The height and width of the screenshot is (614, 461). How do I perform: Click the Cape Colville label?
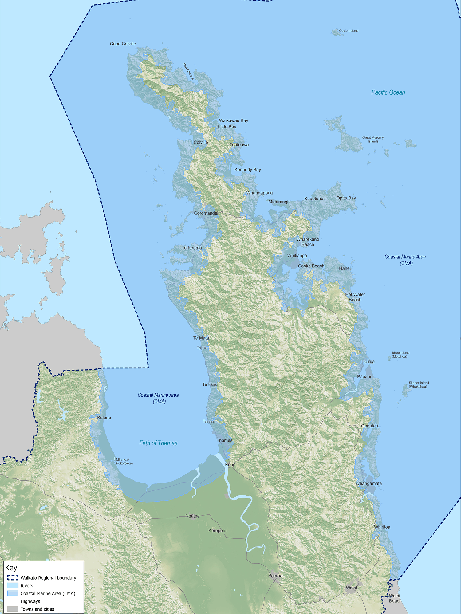[x=123, y=44]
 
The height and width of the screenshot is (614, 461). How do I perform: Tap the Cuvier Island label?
[x=349, y=31]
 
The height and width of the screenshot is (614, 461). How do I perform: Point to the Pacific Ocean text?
[x=388, y=92]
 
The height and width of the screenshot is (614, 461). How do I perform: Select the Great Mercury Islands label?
[x=373, y=140]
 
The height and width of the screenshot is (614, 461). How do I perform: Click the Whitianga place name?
[x=297, y=256]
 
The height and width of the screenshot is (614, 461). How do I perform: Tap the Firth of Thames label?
[x=158, y=443]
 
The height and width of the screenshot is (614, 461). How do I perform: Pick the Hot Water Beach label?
[x=355, y=297]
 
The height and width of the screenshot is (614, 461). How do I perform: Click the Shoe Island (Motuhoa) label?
[x=400, y=355]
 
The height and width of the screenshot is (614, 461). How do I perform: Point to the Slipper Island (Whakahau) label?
[x=419, y=385]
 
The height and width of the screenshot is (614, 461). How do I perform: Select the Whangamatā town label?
[x=368, y=484]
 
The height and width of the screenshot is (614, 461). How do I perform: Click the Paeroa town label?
[x=275, y=576]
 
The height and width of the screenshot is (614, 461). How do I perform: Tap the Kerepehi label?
[x=217, y=531]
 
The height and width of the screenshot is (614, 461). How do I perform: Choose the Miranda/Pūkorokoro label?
[x=124, y=462]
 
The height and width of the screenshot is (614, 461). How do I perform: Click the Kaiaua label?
[x=104, y=418]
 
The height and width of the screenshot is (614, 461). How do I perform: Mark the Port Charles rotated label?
[x=188, y=71]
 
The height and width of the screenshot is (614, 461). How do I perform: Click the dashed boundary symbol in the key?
[x=13, y=578]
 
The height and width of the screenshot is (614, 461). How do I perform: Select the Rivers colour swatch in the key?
[x=13, y=586]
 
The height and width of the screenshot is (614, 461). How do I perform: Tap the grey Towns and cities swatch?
[x=13, y=609]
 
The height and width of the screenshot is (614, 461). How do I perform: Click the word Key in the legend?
[x=11, y=568]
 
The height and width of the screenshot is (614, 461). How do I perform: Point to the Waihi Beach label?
[x=395, y=598]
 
